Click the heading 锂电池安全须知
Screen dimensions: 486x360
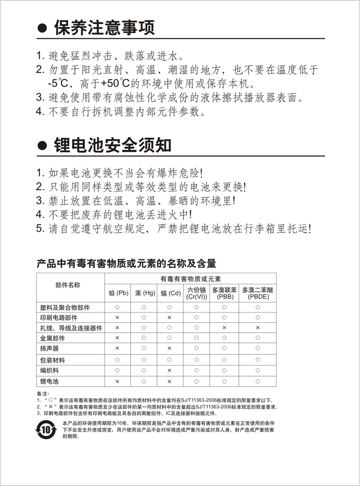pyautogui.click(x=112, y=145)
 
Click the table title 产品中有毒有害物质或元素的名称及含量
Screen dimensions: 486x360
pyautogui.click(x=126, y=263)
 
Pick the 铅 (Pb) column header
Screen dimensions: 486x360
pyautogui.click(x=118, y=292)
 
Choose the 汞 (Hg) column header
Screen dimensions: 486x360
pyautogui.click(x=144, y=292)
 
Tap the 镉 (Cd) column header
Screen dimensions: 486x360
pyautogui.click(x=170, y=292)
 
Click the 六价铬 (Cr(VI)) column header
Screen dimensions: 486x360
pyautogui.click(x=196, y=293)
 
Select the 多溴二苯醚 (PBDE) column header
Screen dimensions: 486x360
pyautogui.click(x=258, y=293)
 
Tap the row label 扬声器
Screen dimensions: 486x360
pyautogui.click(x=49, y=348)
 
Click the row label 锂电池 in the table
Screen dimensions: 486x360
pyautogui.click(x=49, y=381)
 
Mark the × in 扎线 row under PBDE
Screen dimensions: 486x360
pyautogui.click(x=258, y=328)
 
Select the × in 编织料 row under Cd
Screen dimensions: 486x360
pyautogui.click(x=169, y=370)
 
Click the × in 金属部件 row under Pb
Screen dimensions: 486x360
pyautogui.click(x=117, y=338)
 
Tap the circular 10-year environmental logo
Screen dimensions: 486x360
pyautogui.click(x=46, y=429)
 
